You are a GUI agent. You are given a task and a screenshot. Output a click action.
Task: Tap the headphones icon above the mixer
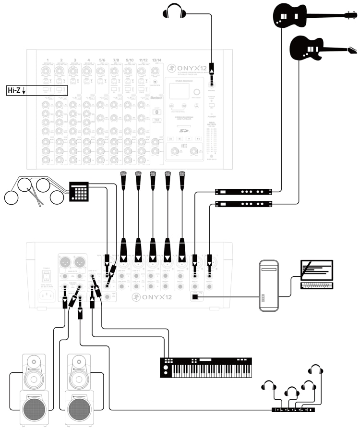(x=175, y=11)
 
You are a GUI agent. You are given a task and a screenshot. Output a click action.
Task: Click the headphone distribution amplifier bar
(x=293, y=410)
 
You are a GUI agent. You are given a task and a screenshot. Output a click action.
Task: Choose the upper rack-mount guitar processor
(x=243, y=192)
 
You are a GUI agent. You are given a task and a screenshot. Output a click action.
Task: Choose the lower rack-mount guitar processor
(x=243, y=204)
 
